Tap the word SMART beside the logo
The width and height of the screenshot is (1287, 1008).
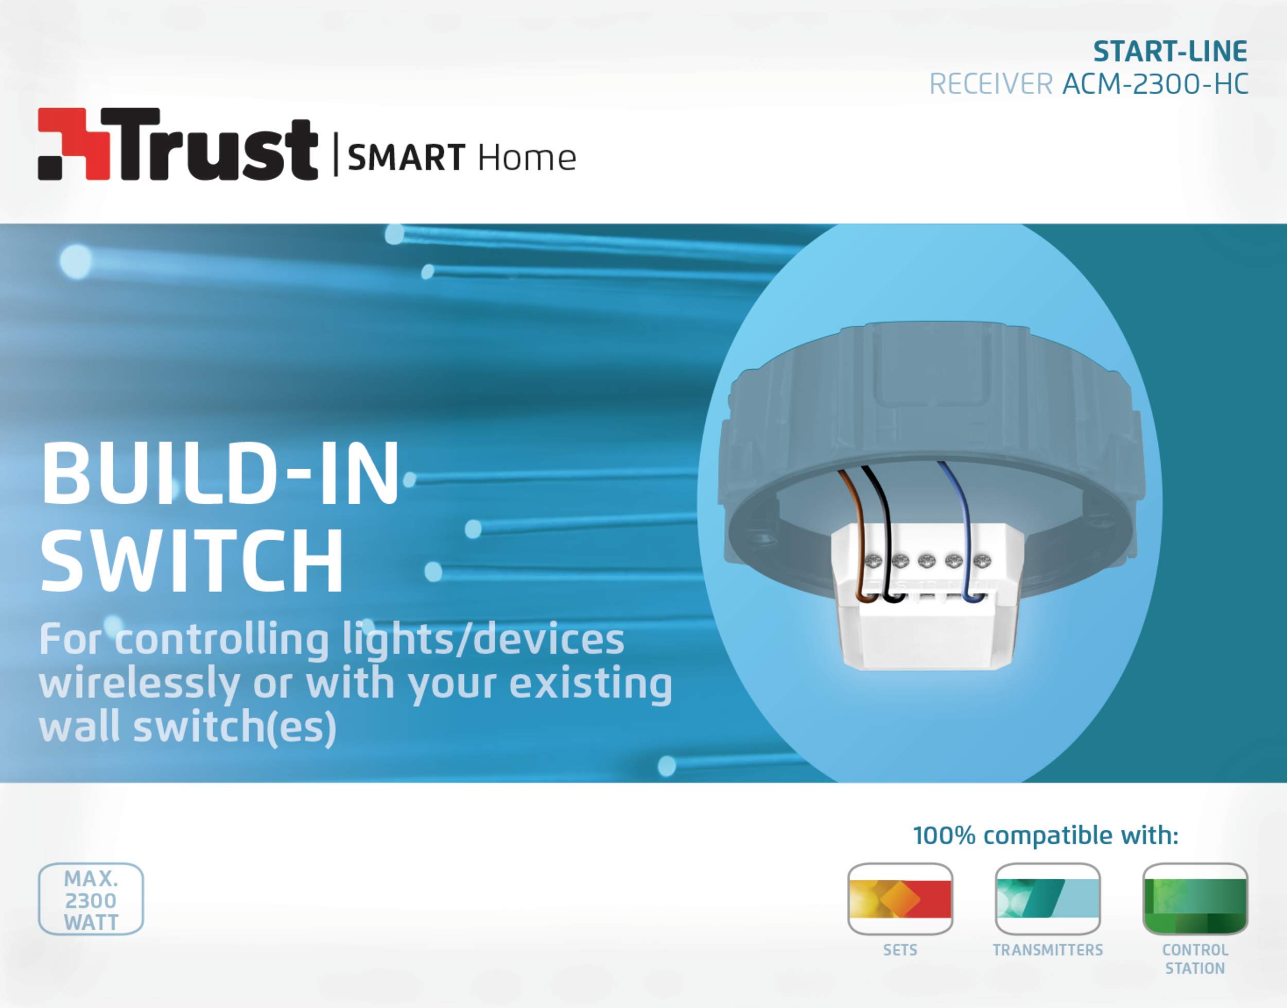coord(406,158)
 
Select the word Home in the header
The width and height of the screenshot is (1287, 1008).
coord(527,158)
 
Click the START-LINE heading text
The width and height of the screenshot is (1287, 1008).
coord(1170,52)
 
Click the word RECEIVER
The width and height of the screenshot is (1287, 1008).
coord(991,84)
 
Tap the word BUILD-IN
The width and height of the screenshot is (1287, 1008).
coord(220,474)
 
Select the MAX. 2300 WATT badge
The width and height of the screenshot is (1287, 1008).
coord(91,899)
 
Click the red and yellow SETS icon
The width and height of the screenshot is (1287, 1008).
coord(900,899)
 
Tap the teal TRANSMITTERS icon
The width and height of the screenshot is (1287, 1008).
coord(1048,899)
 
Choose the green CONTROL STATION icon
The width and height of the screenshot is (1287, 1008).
coord(1195,899)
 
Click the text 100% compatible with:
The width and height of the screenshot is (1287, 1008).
coord(1046,835)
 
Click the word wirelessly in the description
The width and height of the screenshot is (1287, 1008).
coord(139,684)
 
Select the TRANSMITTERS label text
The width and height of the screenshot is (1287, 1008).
coord(1048,950)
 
